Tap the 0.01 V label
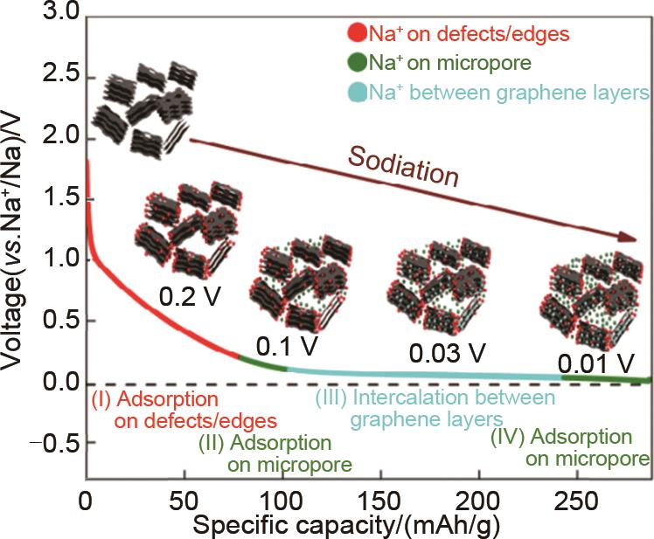click(x=595, y=359)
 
